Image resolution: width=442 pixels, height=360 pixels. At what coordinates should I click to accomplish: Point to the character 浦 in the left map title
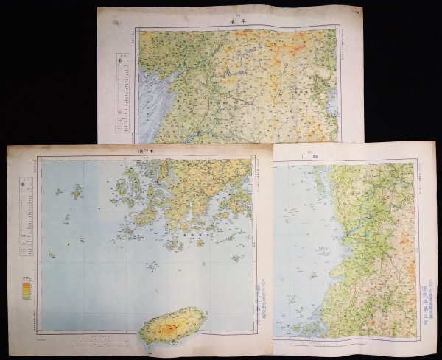(140, 150)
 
